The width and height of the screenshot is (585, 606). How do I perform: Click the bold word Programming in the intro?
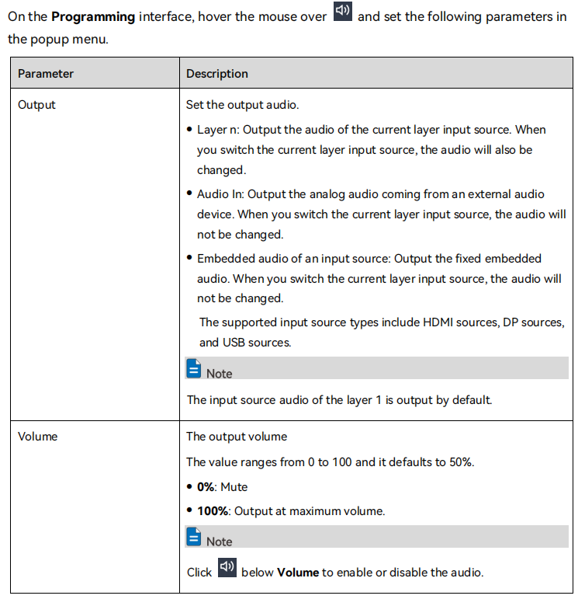tap(93, 17)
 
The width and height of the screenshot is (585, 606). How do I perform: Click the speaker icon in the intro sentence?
tap(342, 14)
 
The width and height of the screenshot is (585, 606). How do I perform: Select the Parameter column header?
tap(46, 74)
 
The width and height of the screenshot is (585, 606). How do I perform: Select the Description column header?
tap(217, 74)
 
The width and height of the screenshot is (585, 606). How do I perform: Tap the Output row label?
tap(36, 105)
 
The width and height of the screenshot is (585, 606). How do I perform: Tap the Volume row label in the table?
tap(38, 437)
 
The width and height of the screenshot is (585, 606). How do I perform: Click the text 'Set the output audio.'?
tap(243, 105)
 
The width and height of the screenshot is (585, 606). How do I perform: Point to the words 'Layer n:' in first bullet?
tap(218, 130)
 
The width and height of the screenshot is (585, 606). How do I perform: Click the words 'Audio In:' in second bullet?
tap(221, 194)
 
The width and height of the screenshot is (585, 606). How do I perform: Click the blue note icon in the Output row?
tap(194, 369)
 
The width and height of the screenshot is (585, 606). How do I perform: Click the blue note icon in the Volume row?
tap(194, 537)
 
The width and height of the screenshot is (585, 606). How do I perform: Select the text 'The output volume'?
tap(237, 437)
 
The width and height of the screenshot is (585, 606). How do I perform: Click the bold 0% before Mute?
tap(206, 487)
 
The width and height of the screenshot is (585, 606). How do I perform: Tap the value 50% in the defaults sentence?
tap(459, 462)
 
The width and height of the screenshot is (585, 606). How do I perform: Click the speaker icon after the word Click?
tap(227, 568)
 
